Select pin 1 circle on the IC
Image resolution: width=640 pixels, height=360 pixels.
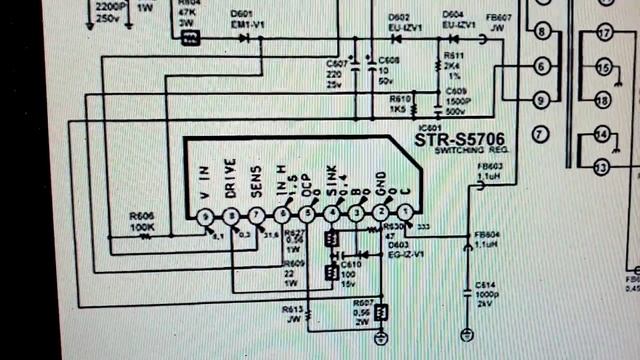[405, 212]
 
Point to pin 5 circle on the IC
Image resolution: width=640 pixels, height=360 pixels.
[307, 213]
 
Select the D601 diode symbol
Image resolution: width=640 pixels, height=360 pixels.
[244, 39]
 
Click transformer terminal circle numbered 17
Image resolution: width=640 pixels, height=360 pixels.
[603, 34]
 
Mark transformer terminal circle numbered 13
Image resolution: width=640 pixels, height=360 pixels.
[600, 166]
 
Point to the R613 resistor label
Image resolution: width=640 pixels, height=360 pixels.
[293, 310]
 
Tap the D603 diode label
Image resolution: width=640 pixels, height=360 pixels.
[398, 244]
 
